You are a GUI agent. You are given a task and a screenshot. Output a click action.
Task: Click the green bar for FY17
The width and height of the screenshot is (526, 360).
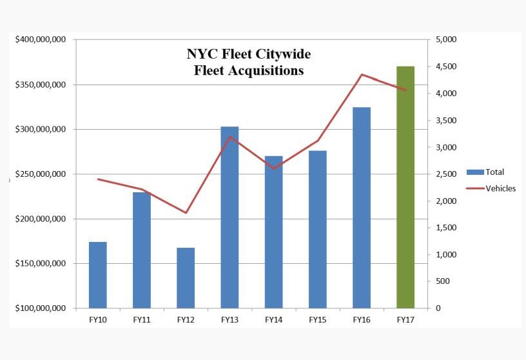405,187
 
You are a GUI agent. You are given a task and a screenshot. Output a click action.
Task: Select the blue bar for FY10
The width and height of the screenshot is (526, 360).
98,275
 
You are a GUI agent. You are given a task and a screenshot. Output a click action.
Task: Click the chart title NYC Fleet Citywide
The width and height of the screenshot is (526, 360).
248,54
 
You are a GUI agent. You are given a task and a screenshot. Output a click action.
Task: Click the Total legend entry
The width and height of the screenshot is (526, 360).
487,172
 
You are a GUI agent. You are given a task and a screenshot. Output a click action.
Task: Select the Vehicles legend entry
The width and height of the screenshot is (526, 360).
491,188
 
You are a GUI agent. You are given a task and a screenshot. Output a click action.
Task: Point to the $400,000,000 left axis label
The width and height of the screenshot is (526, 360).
40,40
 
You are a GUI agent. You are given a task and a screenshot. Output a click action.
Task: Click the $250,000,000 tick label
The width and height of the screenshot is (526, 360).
40,174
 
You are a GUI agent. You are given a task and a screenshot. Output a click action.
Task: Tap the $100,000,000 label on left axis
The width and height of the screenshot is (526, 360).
40,308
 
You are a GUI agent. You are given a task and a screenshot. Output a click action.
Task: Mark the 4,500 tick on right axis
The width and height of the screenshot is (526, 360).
446,67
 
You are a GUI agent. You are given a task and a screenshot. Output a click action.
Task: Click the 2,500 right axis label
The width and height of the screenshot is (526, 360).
446,174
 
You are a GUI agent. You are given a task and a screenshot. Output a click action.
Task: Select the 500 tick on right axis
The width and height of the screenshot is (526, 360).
442,281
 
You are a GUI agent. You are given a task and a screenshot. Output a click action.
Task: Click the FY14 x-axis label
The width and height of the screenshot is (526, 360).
273,319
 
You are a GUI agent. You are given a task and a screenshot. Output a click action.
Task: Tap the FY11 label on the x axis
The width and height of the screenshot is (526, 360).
142,319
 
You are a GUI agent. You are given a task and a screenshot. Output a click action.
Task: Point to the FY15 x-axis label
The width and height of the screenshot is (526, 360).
317,319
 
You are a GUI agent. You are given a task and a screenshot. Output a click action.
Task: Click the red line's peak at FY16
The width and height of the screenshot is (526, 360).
362,75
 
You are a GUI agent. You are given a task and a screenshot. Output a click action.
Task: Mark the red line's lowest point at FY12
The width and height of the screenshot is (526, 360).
186,213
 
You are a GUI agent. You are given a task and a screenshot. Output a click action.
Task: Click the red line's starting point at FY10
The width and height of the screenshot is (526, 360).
98,179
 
